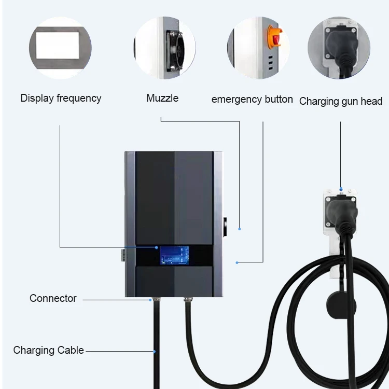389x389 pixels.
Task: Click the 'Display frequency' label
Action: (61, 98)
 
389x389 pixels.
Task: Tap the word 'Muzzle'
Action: (162, 98)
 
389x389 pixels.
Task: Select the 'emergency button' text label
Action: (252, 99)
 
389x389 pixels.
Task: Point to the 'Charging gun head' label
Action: (341, 101)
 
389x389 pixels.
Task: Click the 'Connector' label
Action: (53, 298)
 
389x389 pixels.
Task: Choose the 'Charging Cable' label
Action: (48, 350)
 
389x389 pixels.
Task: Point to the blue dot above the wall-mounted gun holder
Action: (341, 189)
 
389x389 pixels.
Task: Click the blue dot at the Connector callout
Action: (151, 299)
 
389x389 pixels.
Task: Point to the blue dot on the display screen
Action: (156, 248)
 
